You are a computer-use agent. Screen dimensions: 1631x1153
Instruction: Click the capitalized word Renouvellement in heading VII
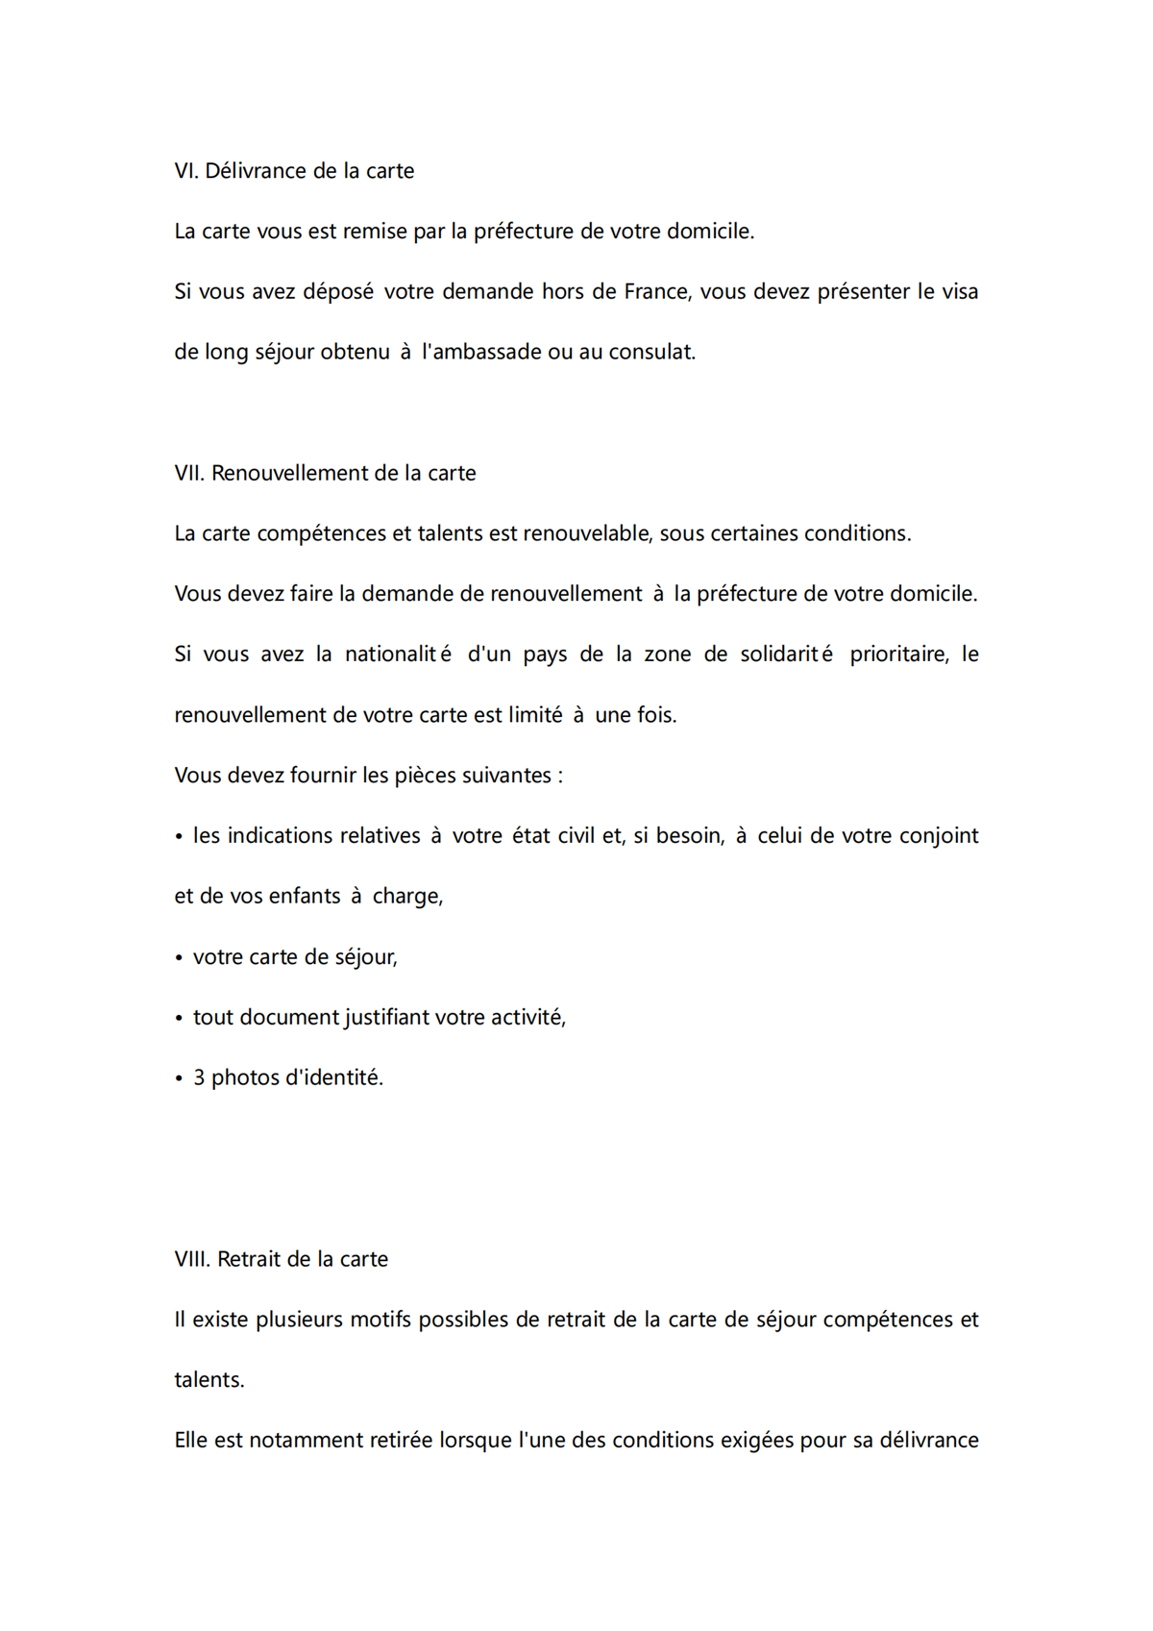click(x=288, y=473)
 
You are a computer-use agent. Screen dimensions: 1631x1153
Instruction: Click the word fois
click(x=656, y=715)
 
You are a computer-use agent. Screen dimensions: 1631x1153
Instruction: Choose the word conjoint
click(x=939, y=836)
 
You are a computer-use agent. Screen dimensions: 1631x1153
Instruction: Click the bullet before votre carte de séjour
click(x=179, y=958)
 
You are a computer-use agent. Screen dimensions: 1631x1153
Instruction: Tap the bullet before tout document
click(x=179, y=1019)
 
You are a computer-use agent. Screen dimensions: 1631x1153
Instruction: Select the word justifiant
click(x=388, y=1018)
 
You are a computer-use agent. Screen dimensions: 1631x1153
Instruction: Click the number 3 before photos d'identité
click(x=199, y=1078)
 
